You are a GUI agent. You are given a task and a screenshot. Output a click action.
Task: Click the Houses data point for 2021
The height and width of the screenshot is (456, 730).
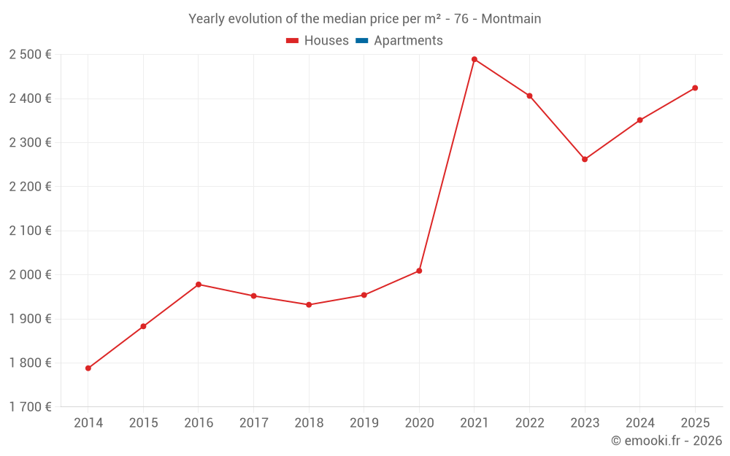click(x=474, y=59)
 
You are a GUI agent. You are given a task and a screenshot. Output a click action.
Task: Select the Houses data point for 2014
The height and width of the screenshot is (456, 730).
click(x=88, y=368)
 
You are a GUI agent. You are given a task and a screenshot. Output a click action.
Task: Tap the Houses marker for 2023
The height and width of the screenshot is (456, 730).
click(x=585, y=159)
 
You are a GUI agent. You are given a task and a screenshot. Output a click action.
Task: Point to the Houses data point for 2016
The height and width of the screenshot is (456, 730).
click(x=199, y=285)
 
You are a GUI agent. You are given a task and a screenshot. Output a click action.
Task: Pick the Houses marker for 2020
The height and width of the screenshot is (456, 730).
click(x=419, y=271)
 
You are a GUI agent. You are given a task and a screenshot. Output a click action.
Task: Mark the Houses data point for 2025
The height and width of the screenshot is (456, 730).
click(x=695, y=88)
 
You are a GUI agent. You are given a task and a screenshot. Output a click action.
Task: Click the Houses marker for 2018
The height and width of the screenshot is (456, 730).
click(x=309, y=305)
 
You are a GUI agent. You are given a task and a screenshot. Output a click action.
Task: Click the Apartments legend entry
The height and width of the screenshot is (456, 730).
click(x=408, y=41)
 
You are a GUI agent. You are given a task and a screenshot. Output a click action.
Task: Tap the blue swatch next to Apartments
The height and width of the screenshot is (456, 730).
click(x=362, y=41)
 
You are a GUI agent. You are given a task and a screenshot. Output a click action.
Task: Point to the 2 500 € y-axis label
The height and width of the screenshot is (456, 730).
click(x=30, y=55)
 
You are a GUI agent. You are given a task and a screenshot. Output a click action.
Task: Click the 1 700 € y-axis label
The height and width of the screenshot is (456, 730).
click(x=30, y=407)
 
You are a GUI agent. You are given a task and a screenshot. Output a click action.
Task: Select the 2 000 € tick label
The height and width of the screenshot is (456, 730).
click(x=30, y=275)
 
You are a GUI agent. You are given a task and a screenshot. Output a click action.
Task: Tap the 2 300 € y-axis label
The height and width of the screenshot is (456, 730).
click(x=30, y=143)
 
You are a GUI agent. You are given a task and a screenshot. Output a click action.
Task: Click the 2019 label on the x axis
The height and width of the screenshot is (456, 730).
click(x=364, y=423)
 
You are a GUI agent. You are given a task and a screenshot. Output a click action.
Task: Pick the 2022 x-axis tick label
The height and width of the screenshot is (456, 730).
click(x=529, y=423)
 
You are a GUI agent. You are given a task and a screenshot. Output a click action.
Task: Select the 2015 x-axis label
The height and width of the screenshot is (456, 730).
click(x=143, y=423)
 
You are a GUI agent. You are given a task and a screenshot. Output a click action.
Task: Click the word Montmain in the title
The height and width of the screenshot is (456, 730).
click(x=512, y=19)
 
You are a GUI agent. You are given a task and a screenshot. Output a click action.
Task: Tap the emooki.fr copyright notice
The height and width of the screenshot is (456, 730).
click(x=666, y=441)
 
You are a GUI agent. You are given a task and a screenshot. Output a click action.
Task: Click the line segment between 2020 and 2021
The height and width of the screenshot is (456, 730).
click(x=447, y=165)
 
